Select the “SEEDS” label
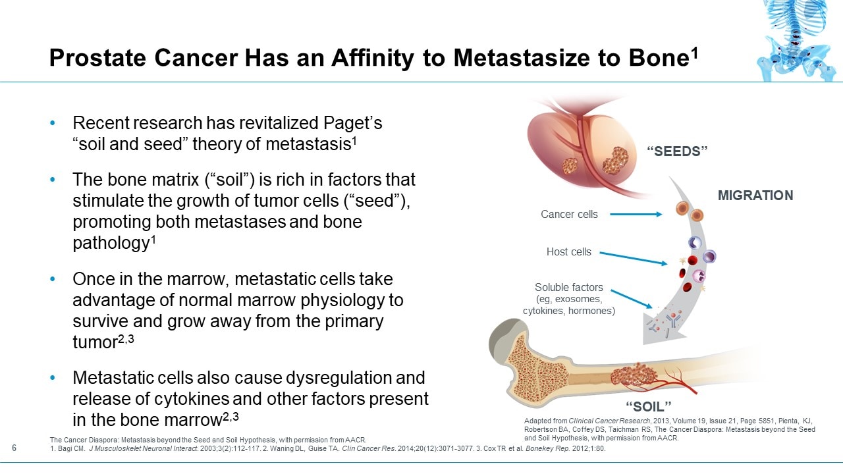(678, 151)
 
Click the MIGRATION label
(755, 196)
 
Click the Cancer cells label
(569, 214)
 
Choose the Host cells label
(568, 251)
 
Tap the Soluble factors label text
(569, 288)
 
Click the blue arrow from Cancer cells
(636, 214)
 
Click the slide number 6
(14, 448)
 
